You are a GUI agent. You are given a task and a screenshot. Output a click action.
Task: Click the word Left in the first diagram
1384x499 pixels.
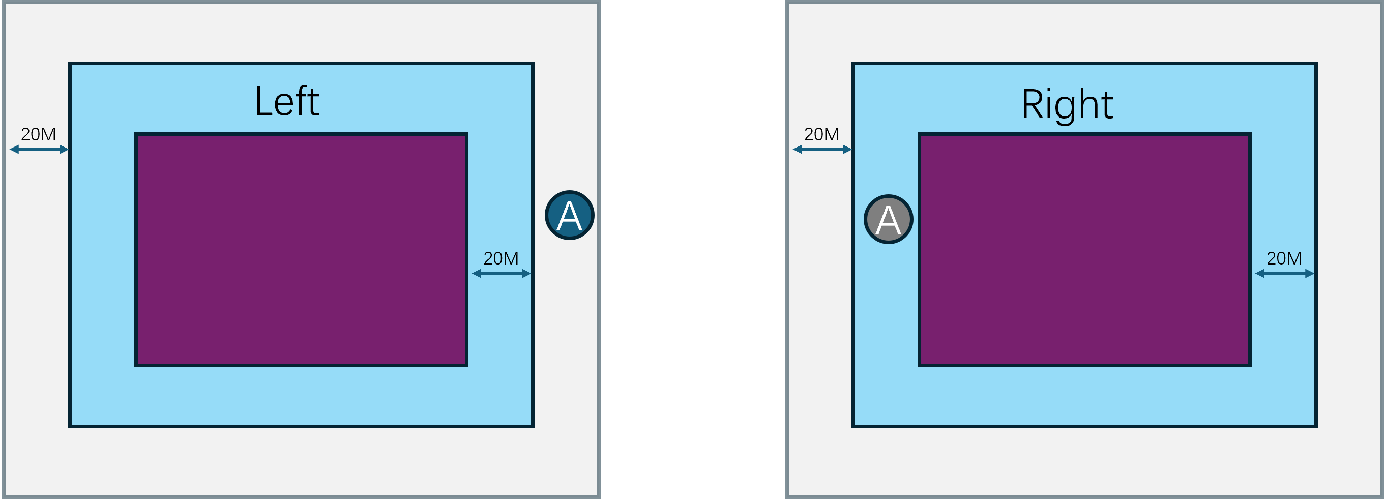(x=287, y=102)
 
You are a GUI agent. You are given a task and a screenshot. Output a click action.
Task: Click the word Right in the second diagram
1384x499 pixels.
(x=1067, y=105)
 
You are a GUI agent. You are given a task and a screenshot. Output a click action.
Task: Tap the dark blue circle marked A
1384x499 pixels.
(x=570, y=215)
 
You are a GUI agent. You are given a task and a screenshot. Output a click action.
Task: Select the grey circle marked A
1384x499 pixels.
(x=888, y=219)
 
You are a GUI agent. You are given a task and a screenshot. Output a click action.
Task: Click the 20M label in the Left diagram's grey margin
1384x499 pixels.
(x=38, y=134)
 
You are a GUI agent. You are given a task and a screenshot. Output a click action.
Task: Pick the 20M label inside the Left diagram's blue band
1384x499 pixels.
(x=500, y=258)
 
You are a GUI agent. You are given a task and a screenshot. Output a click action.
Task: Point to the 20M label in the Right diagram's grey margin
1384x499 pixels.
(x=821, y=134)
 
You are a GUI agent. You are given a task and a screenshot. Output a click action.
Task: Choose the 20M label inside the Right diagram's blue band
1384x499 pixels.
(x=1284, y=258)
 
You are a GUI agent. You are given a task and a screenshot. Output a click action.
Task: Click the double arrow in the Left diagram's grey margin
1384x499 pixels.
(x=39, y=150)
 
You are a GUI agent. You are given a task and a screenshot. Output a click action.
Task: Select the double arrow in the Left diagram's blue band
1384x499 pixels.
(x=502, y=273)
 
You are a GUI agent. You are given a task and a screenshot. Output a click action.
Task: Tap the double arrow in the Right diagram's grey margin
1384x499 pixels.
(x=822, y=150)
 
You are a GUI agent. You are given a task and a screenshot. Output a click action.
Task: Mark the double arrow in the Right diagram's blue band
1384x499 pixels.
(x=1285, y=273)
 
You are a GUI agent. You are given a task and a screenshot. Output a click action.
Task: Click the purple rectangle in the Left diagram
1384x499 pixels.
(x=301, y=250)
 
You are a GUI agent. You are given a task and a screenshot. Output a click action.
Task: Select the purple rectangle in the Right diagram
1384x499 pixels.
(x=1084, y=250)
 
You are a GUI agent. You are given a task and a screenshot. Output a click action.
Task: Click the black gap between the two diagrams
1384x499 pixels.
(x=693, y=250)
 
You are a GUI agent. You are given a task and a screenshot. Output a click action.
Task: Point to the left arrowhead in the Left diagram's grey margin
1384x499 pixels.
(x=14, y=150)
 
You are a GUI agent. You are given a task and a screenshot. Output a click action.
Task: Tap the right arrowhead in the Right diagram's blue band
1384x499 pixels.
(x=1310, y=273)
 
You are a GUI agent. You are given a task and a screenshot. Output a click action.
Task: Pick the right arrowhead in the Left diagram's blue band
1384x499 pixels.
(x=526, y=273)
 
